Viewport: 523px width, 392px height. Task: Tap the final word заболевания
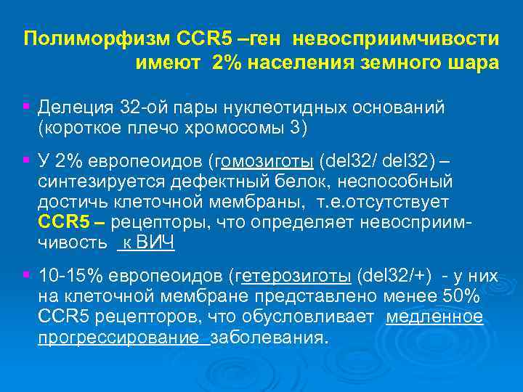tap(269, 338)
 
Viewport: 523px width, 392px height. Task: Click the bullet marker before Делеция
tap(26, 107)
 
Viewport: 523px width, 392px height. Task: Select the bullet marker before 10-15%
tap(26, 275)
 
